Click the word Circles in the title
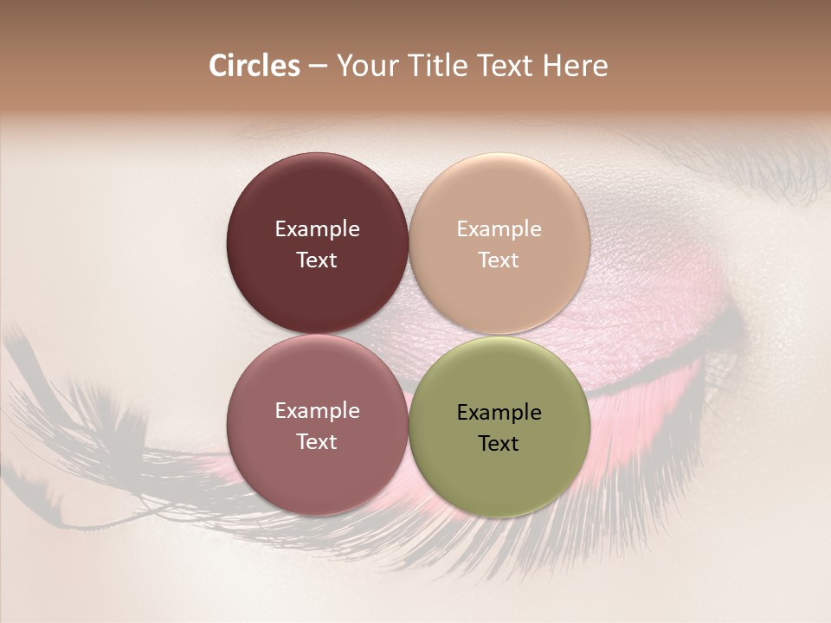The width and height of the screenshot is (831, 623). (254, 66)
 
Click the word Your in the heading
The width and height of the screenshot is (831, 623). (365, 66)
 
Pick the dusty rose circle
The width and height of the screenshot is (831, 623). (317, 467)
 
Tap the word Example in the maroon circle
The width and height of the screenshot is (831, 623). (317, 229)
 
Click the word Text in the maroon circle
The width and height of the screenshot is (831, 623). (317, 260)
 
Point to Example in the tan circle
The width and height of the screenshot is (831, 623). (499, 229)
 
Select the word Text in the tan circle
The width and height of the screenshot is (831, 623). (499, 260)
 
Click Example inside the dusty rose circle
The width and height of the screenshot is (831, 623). (317, 411)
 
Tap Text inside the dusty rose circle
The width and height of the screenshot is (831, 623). (317, 442)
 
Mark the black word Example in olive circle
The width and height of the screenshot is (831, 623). (499, 413)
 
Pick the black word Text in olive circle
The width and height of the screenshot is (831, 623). (499, 444)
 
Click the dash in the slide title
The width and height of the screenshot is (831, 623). (317, 67)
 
